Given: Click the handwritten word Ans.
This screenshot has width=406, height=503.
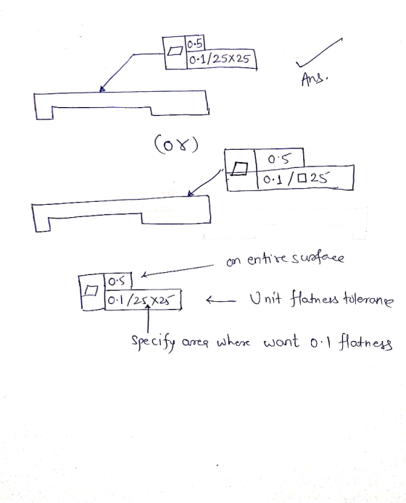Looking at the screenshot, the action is pyautogui.click(x=315, y=79).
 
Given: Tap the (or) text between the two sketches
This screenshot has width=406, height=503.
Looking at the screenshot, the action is pyautogui.click(x=176, y=144).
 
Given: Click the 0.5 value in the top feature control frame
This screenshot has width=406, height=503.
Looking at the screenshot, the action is pyautogui.click(x=195, y=44).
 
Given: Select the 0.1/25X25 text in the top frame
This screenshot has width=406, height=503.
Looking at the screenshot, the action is pyautogui.click(x=220, y=59).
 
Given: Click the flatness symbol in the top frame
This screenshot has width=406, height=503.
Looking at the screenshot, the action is pyautogui.click(x=175, y=51).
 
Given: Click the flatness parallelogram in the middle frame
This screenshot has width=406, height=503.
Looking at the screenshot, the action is pyautogui.click(x=240, y=169).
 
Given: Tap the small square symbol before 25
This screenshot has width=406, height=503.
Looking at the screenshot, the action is pyautogui.click(x=302, y=178).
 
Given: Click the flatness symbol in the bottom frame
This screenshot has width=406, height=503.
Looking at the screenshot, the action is pyautogui.click(x=91, y=291).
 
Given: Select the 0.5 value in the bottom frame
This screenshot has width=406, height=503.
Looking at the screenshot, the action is pyautogui.click(x=117, y=282).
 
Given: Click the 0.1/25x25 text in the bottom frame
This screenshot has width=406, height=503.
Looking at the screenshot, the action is pyautogui.click(x=141, y=300).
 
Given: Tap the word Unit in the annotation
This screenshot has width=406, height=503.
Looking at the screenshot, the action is pyautogui.click(x=265, y=298).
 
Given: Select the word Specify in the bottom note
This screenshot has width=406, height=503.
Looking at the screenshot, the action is pyautogui.click(x=153, y=342).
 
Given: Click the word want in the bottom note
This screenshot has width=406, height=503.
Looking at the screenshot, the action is pyautogui.click(x=281, y=342).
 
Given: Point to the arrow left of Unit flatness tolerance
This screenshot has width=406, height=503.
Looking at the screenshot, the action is pyautogui.click(x=220, y=300).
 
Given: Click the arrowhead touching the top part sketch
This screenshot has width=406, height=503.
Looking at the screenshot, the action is pyautogui.click(x=102, y=89).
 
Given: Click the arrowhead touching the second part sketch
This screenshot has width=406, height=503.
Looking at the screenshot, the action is pyautogui.click(x=190, y=193).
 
